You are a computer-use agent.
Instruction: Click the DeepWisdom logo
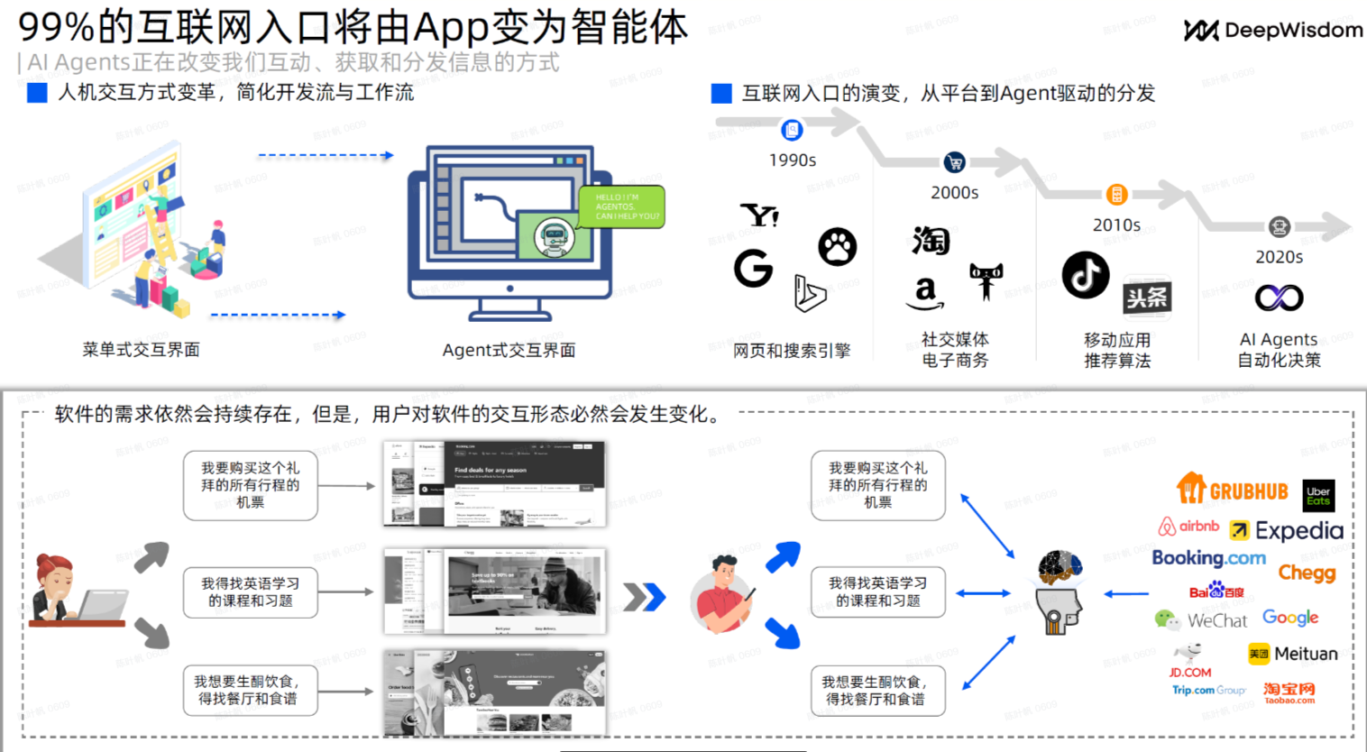click(x=1272, y=31)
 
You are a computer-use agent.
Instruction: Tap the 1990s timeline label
click(x=792, y=160)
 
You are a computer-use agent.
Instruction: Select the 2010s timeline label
click(x=1116, y=225)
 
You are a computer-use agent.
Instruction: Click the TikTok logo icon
click(x=1085, y=275)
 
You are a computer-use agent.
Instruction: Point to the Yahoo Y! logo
click(x=759, y=216)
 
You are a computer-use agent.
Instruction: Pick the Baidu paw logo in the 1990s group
click(x=837, y=246)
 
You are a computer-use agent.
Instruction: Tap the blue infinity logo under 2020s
click(x=1279, y=297)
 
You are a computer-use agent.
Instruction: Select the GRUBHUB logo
click(x=1233, y=491)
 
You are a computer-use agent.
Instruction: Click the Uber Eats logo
click(x=1318, y=496)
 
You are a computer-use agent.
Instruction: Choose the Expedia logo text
click(x=1298, y=531)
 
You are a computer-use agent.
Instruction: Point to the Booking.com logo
click(x=1208, y=558)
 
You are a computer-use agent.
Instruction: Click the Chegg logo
click(x=1307, y=573)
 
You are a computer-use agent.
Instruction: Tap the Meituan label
click(x=1306, y=654)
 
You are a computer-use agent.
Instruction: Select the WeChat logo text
click(x=1216, y=620)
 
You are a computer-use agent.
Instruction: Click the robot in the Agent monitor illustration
click(x=552, y=237)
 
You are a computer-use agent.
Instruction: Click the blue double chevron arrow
click(x=644, y=596)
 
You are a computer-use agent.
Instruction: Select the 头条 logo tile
click(x=1147, y=298)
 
